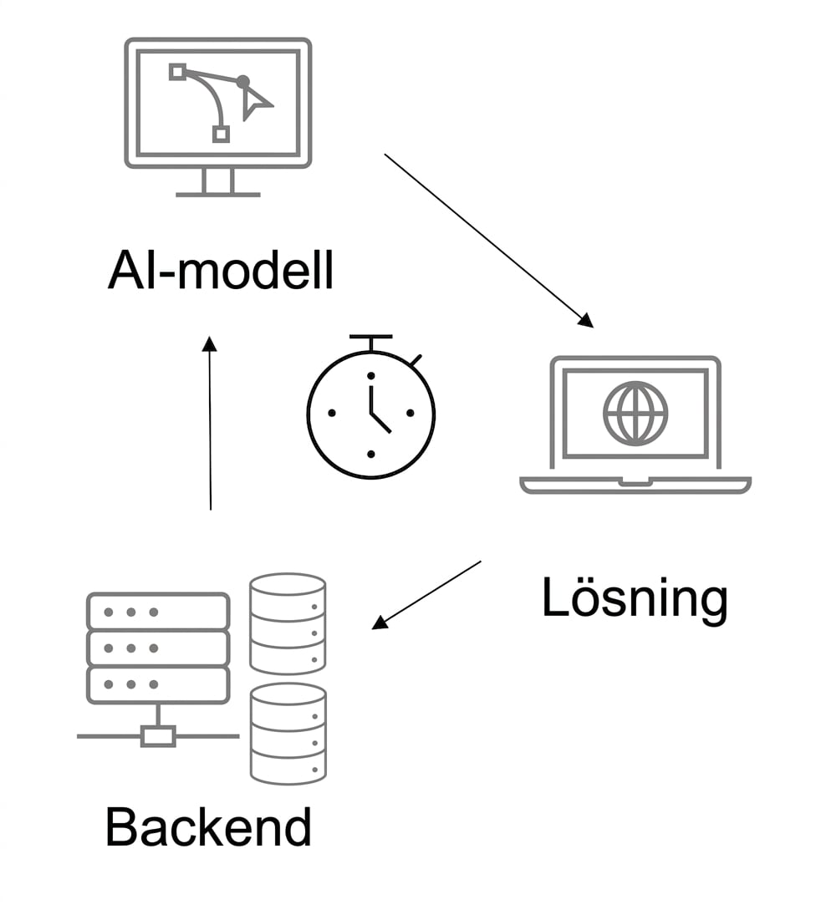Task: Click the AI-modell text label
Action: click(x=221, y=271)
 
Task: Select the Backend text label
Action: click(x=208, y=826)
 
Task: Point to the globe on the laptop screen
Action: click(x=635, y=413)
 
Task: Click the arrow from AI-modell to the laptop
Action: click(x=489, y=241)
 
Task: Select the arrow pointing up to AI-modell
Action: click(x=210, y=423)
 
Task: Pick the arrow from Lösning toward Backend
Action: click(x=426, y=595)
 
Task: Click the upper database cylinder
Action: click(x=288, y=623)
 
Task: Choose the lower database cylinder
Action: click(x=288, y=734)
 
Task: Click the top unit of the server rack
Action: click(x=158, y=612)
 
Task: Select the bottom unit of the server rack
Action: click(x=158, y=684)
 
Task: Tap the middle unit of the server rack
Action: click(x=158, y=648)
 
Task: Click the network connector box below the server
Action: click(x=159, y=736)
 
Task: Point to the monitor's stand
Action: click(x=218, y=182)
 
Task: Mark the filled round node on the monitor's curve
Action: click(x=243, y=82)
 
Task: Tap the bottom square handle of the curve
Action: click(x=221, y=135)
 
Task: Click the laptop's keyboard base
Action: click(x=635, y=485)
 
